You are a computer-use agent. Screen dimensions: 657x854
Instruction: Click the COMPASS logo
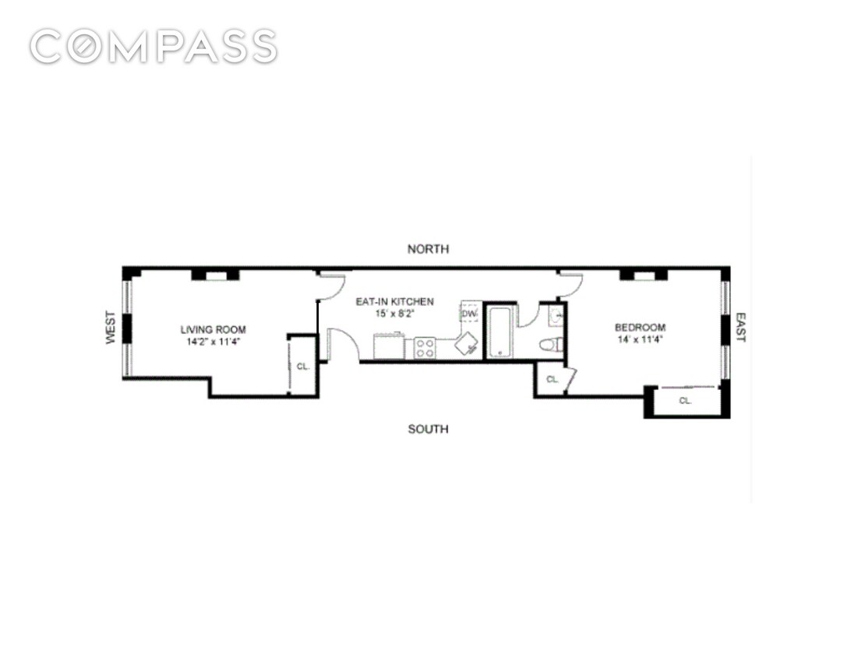154,47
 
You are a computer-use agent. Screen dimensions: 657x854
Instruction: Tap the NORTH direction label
429,249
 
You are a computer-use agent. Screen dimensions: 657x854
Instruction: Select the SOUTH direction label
429,429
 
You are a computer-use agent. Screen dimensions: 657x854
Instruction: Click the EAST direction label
740,328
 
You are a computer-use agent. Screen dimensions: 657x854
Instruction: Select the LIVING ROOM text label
209,329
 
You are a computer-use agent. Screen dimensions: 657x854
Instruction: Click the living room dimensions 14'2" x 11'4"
209,342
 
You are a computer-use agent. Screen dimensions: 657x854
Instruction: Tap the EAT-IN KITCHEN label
394,301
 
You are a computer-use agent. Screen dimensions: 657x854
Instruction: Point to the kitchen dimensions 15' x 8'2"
394,313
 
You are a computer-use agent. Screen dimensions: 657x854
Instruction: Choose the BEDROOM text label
640,327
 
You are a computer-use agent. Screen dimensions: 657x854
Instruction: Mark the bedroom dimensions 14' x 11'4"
640,339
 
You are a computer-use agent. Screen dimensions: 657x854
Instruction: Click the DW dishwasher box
469,312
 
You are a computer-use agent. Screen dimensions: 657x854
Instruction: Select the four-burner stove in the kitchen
425,348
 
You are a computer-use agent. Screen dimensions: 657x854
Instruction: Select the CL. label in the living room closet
302,365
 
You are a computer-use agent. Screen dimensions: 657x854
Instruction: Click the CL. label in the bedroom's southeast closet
685,401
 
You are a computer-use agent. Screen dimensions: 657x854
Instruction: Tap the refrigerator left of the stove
388,346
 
